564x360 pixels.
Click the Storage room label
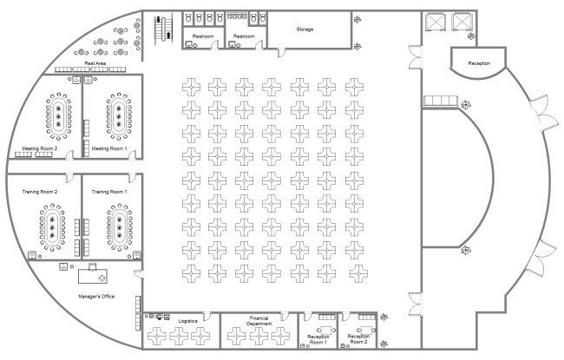point(305,29)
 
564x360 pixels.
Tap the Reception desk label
point(479,63)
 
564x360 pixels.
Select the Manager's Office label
point(96,297)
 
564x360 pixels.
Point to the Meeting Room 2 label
point(40,148)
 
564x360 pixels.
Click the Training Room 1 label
point(109,192)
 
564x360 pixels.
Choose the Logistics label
point(187,321)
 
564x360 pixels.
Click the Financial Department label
point(259,321)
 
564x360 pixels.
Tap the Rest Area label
point(95,63)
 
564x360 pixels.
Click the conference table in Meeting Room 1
point(118,116)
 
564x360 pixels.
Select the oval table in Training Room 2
point(52,227)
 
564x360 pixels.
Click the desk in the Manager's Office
point(93,276)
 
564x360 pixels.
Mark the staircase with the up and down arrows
point(163,29)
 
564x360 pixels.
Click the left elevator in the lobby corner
point(436,22)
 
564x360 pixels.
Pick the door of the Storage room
point(281,53)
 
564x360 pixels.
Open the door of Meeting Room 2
point(69,155)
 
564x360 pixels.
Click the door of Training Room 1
point(133,178)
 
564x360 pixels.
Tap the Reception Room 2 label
point(358,339)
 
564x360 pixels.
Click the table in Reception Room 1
point(326,330)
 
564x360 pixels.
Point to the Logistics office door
point(207,316)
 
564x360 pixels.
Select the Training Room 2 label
point(40,192)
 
